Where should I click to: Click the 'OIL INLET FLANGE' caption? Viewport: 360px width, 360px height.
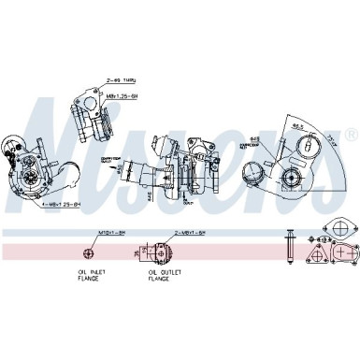click(90, 277)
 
